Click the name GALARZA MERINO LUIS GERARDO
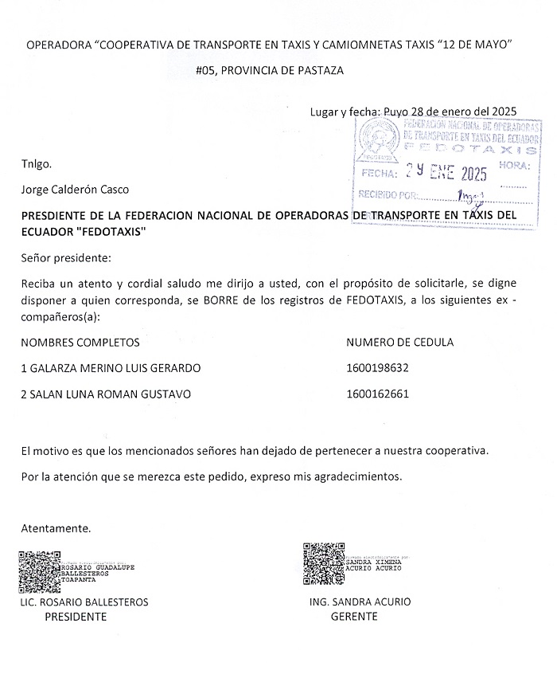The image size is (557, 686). coord(111,368)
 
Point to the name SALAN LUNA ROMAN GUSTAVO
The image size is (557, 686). coord(106,394)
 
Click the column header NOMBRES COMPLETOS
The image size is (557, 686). coord(80,343)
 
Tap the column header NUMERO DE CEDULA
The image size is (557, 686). coord(400,343)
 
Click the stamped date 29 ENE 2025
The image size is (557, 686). coord(446,171)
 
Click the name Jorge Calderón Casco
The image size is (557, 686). coord(75,190)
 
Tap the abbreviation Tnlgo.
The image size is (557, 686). coord(37,164)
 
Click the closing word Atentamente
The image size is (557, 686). coord(56,527)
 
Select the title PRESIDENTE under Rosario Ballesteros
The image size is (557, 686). coord(76,617)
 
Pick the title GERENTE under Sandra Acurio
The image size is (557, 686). coord(354,617)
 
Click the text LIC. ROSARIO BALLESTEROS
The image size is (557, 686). coord(84,602)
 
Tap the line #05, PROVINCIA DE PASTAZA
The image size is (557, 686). coord(270,70)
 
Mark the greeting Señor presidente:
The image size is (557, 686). coord(67,258)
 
